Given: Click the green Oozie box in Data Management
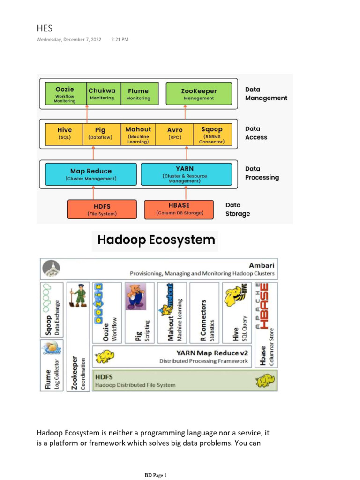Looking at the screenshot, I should pyautogui.click(x=65, y=94).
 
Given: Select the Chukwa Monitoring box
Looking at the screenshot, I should pyautogui.click(x=102, y=94).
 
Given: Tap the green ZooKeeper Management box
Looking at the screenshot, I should pyautogui.click(x=199, y=94).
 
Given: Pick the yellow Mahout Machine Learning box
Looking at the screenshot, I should pyautogui.click(x=138, y=134).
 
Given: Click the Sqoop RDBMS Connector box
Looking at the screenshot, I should pyautogui.click(x=212, y=134).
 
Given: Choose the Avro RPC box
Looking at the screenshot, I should pyautogui.click(x=175, y=134).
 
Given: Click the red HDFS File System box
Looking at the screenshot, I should pyautogui.click(x=102, y=209).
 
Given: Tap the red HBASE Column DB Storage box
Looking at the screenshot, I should pyautogui.click(x=180, y=209).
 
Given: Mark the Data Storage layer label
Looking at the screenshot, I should pyautogui.click(x=238, y=209).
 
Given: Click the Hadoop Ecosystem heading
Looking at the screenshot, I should pyautogui.click(x=156, y=240).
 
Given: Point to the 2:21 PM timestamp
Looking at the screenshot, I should pyautogui.click(x=120, y=40).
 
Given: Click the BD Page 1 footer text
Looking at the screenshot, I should pyautogui.click(x=155, y=475).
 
